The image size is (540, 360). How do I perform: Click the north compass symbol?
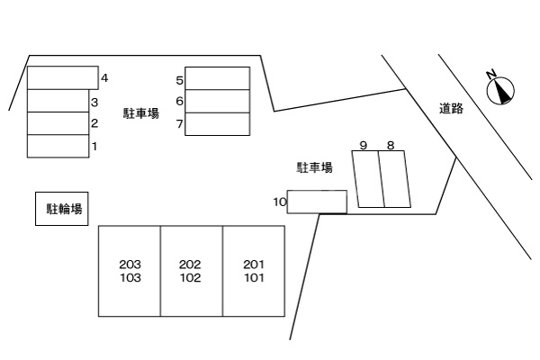coord(499,89)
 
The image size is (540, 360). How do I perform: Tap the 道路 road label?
coord(452,108)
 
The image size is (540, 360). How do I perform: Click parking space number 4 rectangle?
coord(62,77)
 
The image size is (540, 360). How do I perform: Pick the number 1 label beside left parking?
coord(94,146)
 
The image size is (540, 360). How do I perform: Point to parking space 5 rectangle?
coord(218,78)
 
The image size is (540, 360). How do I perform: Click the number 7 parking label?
coord(180,124)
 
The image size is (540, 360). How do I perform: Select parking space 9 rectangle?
coord(367,179)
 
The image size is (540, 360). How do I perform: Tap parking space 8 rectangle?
coord(395,179)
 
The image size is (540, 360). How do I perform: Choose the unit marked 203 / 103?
coord(130,271)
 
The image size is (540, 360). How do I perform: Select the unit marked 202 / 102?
coord(192,271)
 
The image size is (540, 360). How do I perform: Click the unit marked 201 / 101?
coord(254,271)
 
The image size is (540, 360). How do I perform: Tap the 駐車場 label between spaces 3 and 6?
coord(141,113)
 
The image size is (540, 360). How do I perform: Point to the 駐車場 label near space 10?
coord(315,167)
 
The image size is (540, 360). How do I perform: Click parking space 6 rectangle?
coord(218,101)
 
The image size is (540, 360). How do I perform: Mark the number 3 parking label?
coord(94,103)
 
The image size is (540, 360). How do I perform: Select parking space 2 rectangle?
coord(58,123)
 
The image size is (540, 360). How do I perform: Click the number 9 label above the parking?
coord(363,145)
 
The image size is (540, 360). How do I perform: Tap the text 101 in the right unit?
coord(254,278)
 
